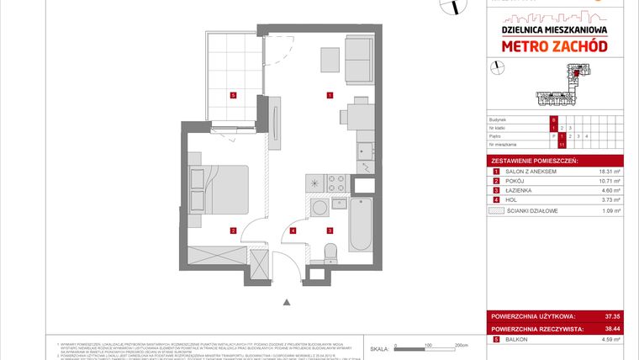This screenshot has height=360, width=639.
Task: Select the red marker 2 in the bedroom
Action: pos(232,230)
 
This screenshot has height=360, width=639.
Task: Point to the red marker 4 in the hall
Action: pos(293,230)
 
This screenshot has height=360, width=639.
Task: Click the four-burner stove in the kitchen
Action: pos(338,182)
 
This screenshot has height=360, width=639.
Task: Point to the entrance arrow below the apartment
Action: pos(287,303)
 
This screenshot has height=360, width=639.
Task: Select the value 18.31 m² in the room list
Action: pos(606,171)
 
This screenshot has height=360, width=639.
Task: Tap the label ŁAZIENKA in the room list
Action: pos(517,191)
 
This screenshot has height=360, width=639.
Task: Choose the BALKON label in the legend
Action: pos(515,339)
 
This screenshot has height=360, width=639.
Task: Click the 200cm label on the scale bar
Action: pos(461,345)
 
